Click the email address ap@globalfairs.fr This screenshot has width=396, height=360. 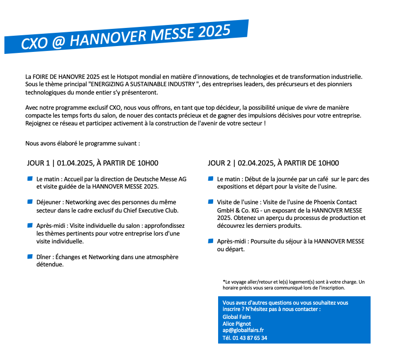[243, 330]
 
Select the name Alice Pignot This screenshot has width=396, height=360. [237, 323]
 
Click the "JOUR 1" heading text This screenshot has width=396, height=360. [39, 163]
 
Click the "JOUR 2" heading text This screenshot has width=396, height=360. [219, 163]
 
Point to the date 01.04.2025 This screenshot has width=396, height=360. [74, 163]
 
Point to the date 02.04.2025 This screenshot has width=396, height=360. [255, 163]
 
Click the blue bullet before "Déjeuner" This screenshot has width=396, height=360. [30, 202]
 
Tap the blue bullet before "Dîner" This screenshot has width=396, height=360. [30, 256]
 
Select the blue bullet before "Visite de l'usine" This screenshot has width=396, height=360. [211, 202]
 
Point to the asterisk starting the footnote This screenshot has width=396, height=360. [223, 281]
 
